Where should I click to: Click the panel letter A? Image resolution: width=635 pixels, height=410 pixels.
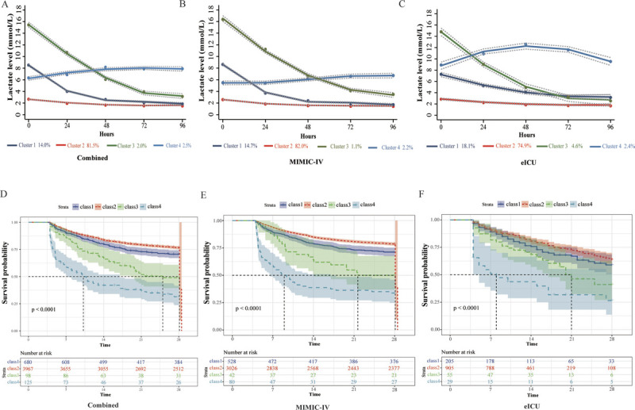6,6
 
